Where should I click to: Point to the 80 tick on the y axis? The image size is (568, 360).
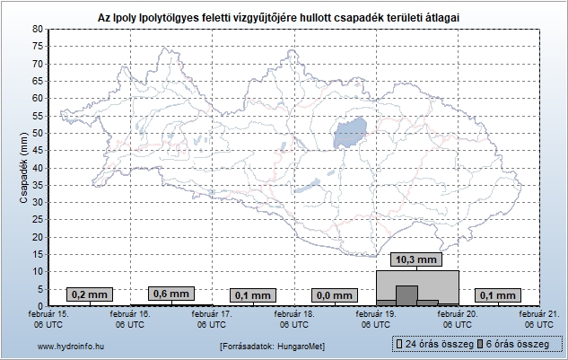38,30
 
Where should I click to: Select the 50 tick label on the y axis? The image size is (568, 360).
38,133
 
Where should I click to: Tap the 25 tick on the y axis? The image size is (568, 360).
38,219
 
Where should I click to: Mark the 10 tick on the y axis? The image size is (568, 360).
38,271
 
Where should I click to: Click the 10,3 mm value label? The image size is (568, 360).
417,259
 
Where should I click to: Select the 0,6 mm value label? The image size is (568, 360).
171,294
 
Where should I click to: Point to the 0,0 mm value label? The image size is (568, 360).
335,294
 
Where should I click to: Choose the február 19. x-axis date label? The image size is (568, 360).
375,320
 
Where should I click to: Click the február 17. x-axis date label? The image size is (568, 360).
212,320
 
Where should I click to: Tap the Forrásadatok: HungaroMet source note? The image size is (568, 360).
272,346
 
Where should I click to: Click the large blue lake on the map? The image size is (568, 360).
350,135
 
